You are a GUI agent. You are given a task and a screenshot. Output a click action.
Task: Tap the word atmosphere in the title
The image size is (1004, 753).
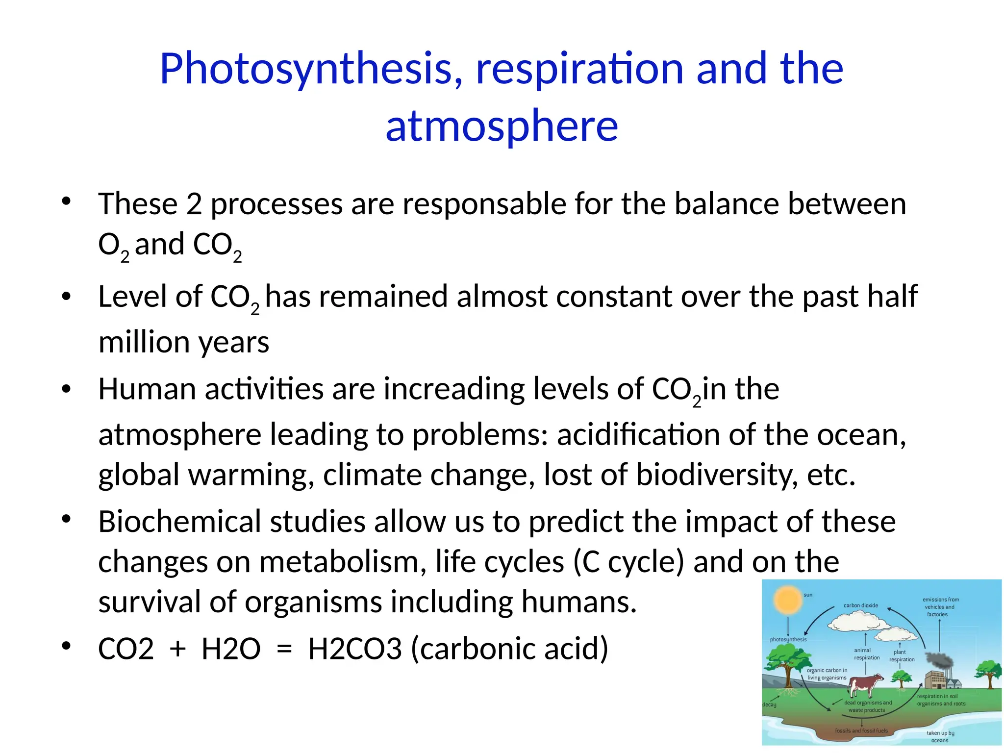click(x=502, y=126)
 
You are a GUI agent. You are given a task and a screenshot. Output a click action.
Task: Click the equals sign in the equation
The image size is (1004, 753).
click(x=284, y=650)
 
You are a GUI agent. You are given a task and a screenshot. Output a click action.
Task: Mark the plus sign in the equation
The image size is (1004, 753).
click(x=177, y=650)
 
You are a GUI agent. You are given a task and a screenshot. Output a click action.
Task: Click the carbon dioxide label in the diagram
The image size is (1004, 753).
click(x=860, y=605)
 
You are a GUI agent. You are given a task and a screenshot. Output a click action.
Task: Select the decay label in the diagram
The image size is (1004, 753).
click(x=769, y=705)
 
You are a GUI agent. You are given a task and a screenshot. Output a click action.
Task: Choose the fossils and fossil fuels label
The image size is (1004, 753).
click(x=861, y=731)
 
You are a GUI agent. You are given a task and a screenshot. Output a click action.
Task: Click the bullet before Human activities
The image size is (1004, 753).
click(x=67, y=389)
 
